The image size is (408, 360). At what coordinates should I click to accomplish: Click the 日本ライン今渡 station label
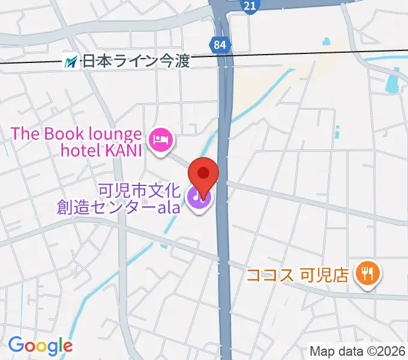136,61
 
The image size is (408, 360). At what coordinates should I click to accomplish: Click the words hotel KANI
101,150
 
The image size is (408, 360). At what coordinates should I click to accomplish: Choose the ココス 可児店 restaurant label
298,276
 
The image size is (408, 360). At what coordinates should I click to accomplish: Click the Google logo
40,345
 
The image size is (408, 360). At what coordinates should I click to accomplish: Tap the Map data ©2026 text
358,351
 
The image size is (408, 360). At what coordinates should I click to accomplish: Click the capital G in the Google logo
16,344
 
